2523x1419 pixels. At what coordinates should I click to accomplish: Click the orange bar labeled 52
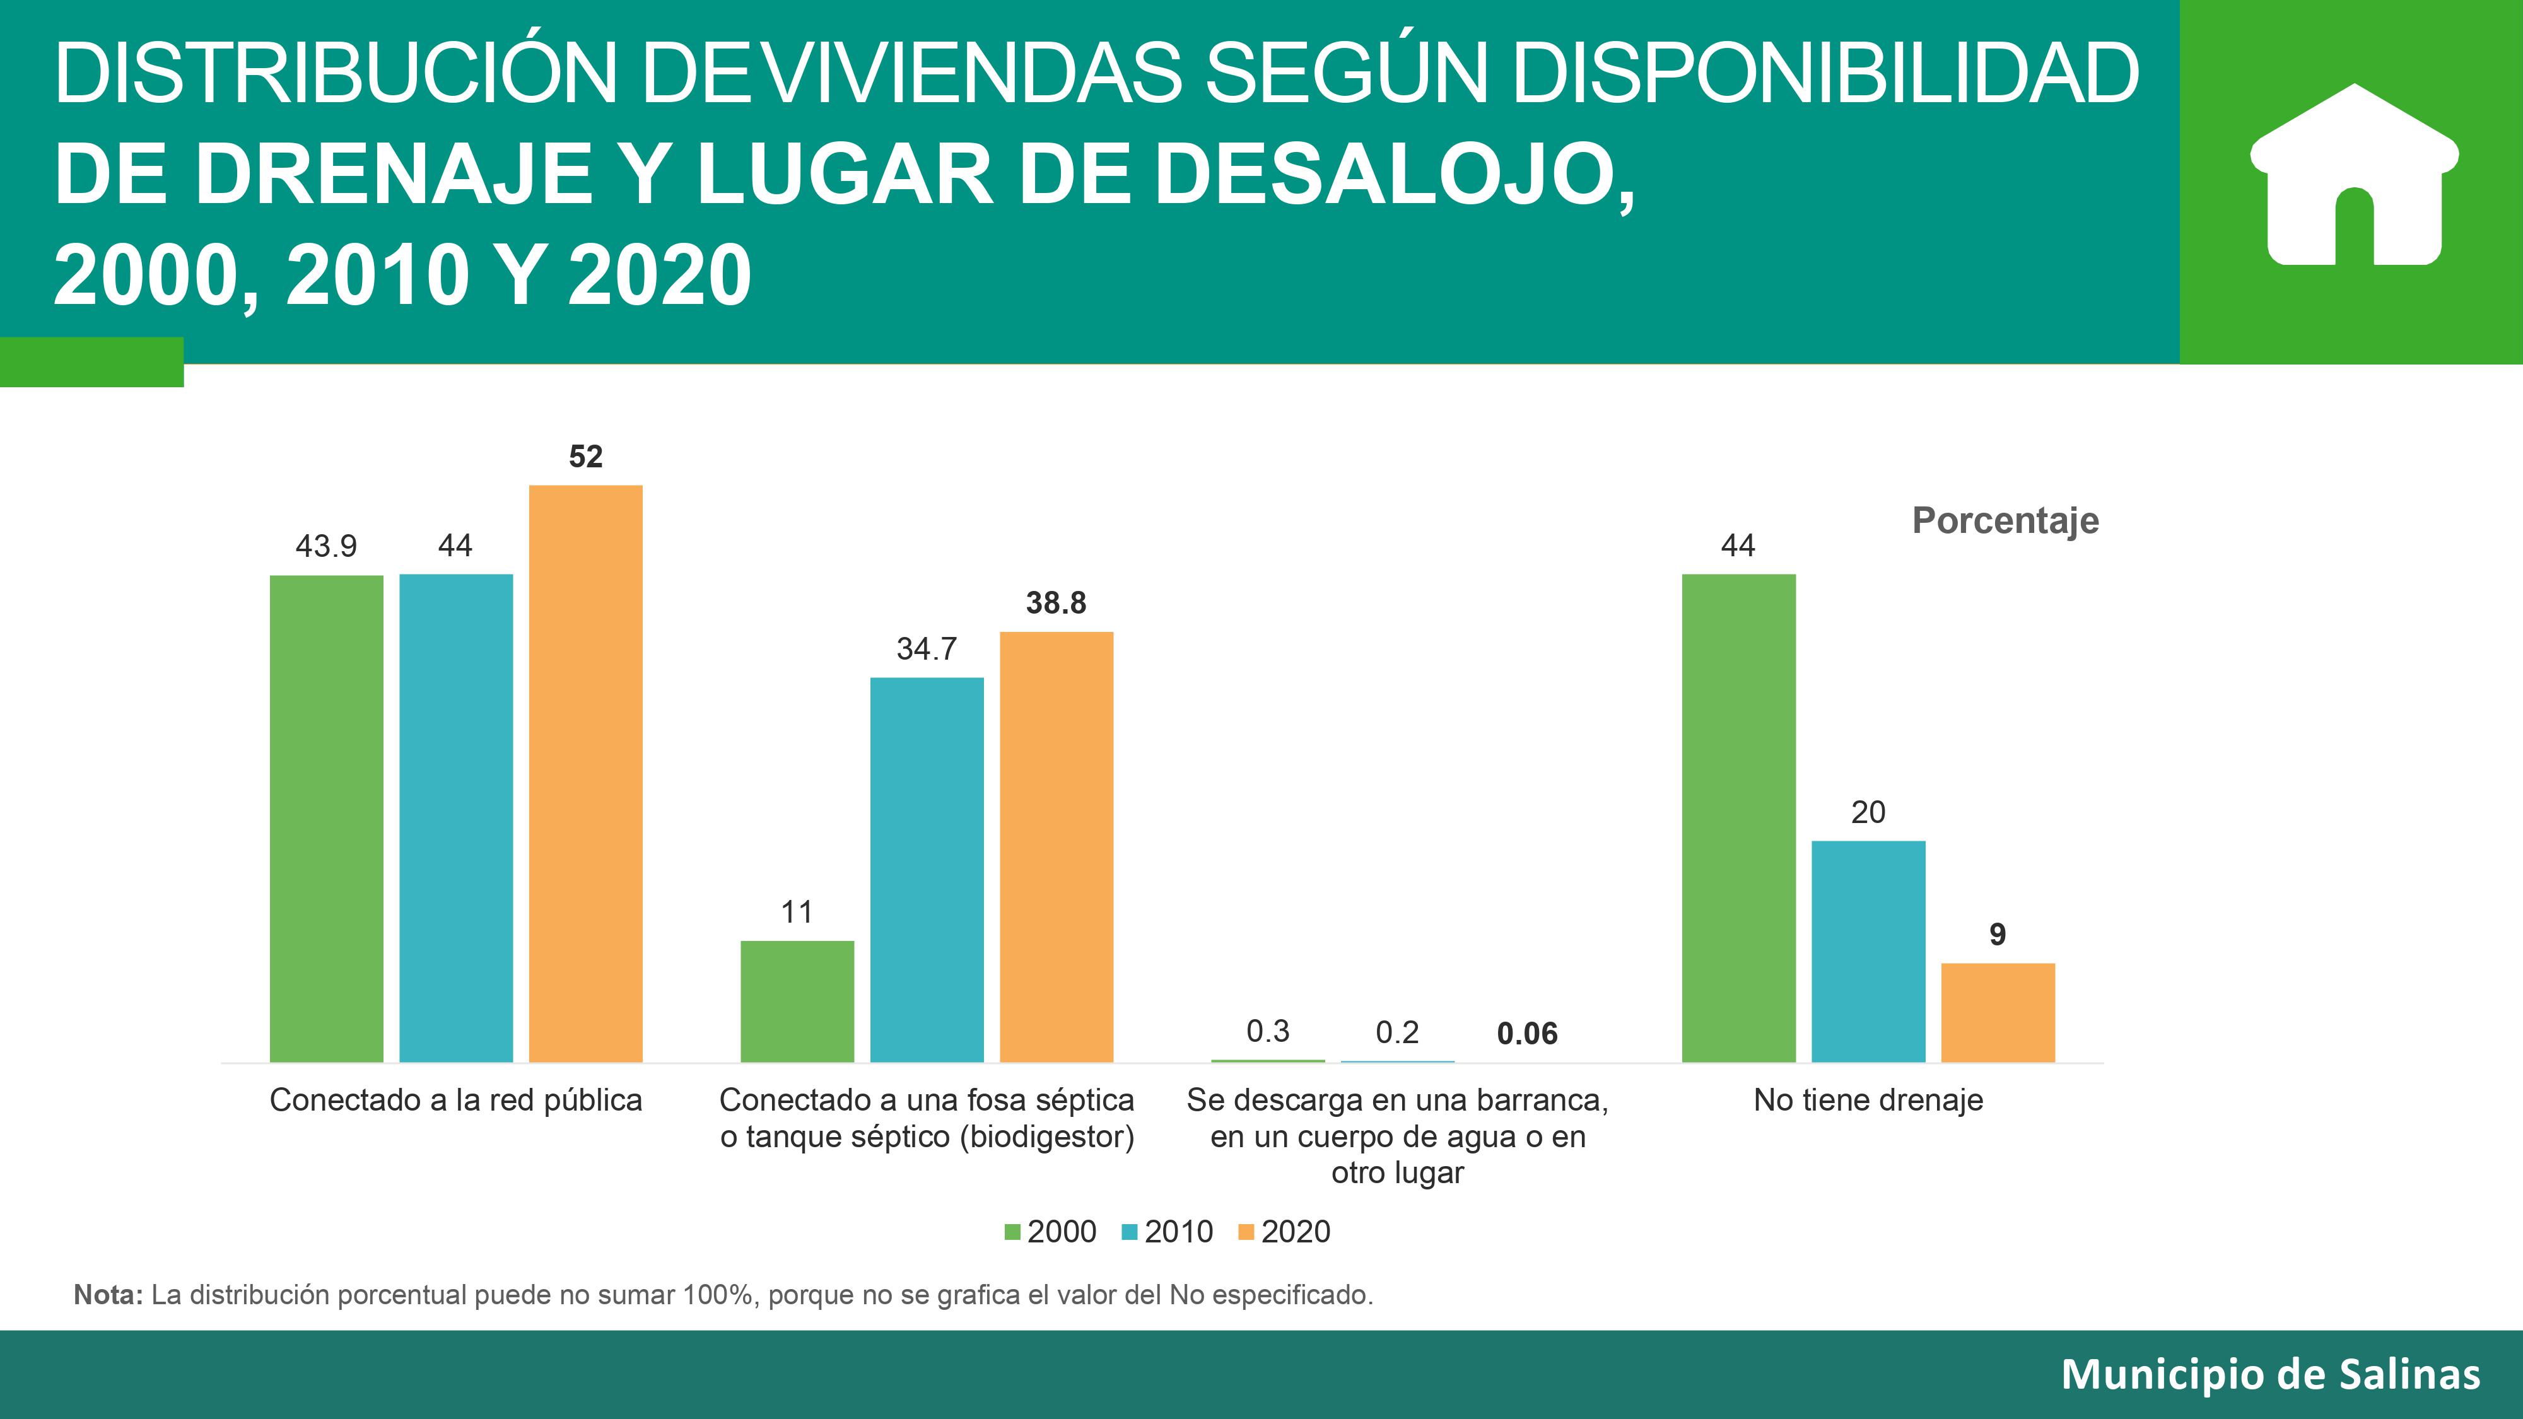pos(586,774)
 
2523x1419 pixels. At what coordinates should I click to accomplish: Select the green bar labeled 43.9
pos(326,818)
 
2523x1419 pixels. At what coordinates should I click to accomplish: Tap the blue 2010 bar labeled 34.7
pos(927,870)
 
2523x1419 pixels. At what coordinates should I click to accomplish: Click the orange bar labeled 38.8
pos(1056,847)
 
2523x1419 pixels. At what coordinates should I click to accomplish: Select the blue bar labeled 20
pos(1868,951)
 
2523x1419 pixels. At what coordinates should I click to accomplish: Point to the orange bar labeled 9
pos(1997,1013)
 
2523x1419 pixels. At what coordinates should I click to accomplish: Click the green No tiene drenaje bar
pos(1738,818)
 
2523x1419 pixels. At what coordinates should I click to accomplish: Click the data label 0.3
pos(1267,1031)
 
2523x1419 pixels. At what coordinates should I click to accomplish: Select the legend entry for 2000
pos(1050,1232)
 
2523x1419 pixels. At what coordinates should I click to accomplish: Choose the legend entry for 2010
pos(1168,1232)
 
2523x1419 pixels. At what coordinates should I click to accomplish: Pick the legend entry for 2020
pos(1284,1232)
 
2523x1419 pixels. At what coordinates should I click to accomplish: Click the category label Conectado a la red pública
pos(455,1101)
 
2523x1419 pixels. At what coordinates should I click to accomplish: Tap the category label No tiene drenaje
pos(1868,1101)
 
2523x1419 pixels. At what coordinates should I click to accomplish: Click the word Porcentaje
pos(2005,520)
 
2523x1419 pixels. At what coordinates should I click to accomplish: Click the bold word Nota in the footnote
pos(108,1295)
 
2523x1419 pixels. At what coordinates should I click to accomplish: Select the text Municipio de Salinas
pos(2270,1375)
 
